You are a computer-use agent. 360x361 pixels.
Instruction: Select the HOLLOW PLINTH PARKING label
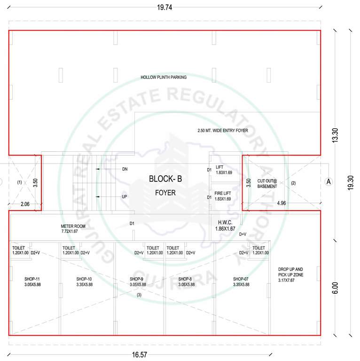(x=164, y=77)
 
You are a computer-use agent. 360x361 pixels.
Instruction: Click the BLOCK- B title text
(x=165, y=179)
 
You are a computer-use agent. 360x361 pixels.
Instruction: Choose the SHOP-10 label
(x=85, y=279)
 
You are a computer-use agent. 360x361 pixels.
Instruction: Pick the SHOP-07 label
(x=241, y=279)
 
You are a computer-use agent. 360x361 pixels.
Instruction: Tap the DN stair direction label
(x=125, y=169)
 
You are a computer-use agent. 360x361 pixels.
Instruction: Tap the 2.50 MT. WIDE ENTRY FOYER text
(x=229, y=130)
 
